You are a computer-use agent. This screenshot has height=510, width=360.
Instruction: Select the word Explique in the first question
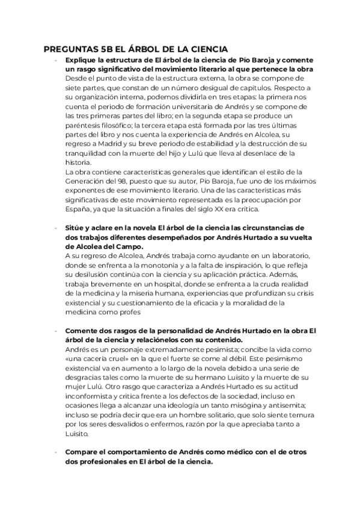coord(82,60)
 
